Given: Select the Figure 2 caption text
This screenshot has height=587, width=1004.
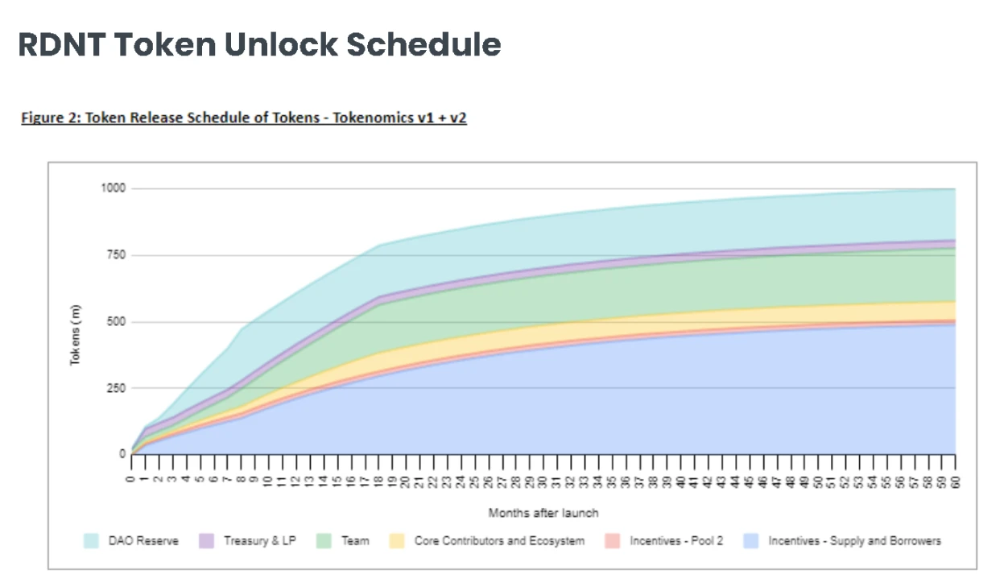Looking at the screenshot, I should tap(244, 118).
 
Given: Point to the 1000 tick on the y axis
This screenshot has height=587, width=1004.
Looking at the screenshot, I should tap(113, 188).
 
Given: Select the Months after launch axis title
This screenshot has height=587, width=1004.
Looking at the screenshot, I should tap(543, 513).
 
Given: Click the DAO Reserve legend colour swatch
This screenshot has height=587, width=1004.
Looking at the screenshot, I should tap(92, 541).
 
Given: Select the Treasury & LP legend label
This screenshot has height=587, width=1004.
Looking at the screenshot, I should tap(258, 541).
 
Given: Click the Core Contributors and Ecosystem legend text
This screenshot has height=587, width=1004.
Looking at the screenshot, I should tap(499, 541).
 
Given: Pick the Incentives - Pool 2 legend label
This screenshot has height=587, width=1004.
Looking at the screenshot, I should tap(676, 541).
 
